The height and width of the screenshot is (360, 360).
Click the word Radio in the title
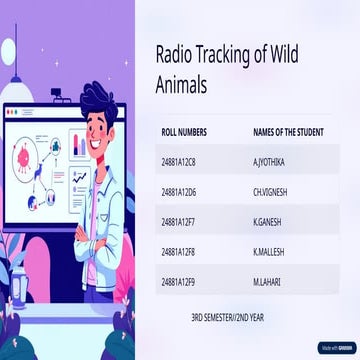click(175, 57)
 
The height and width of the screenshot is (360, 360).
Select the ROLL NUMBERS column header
click(184, 132)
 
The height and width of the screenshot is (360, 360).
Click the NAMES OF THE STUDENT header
click(285, 132)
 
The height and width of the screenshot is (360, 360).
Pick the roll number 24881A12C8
click(178, 161)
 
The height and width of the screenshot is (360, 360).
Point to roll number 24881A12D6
click(178, 192)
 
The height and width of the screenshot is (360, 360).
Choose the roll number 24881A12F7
click(178, 222)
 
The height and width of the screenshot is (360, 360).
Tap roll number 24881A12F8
click(178, 253)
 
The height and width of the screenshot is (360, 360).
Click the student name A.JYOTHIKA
click(270, 161)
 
